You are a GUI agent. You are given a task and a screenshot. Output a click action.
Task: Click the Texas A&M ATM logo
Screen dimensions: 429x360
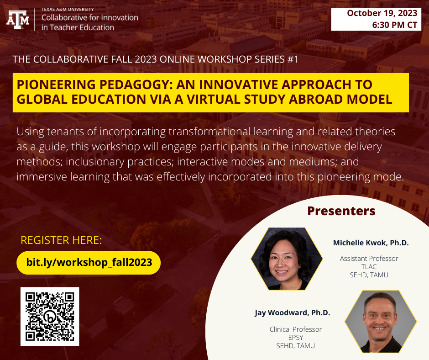pos(18,20)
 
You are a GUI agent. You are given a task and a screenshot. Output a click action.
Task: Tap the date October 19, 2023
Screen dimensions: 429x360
pos(382,13)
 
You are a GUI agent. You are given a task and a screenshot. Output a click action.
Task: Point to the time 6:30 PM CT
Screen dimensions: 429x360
pos(394,25)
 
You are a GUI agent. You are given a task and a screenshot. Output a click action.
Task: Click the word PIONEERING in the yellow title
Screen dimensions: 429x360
pos(56,85)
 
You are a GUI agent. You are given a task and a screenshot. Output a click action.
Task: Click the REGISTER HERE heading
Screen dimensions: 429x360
pos(61,240)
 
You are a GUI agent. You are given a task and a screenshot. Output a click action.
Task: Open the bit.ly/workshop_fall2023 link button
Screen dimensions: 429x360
pos(89,263)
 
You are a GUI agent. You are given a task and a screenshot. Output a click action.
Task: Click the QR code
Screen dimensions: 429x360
pos(50,317)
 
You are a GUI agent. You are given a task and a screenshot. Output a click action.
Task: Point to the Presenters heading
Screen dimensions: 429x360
pos(341,211)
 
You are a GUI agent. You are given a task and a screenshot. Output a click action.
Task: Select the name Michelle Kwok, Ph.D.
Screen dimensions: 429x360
pos(371,243)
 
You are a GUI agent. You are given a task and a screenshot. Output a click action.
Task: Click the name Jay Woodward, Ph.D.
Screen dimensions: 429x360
pos(292,313)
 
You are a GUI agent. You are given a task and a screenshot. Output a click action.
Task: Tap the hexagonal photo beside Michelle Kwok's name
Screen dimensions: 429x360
pos(287,259)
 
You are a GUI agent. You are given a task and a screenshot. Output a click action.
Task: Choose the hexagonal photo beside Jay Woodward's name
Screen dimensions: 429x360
pos(381,322)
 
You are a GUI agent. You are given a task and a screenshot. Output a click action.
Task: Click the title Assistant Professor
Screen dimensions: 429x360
pos(369,259)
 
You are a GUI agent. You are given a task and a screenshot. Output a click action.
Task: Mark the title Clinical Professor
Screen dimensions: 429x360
pos(295,329)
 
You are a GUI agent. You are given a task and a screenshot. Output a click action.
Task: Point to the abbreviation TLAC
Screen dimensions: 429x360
pos(369,267)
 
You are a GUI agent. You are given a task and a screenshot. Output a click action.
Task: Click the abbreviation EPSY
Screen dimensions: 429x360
pos(295,338)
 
